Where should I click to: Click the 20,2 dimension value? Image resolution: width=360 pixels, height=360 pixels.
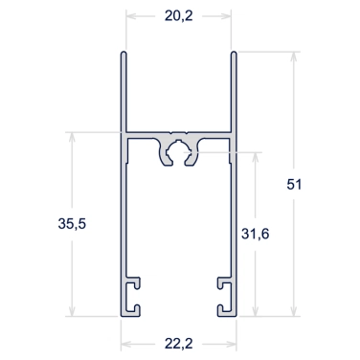179,15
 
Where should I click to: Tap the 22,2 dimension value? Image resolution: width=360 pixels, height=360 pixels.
179,344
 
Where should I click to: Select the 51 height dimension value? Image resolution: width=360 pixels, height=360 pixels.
294,185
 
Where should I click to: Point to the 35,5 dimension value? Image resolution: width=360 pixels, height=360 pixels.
72,224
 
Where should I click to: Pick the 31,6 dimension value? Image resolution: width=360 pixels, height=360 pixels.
255,234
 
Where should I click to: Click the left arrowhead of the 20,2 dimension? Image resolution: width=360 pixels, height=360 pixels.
131,16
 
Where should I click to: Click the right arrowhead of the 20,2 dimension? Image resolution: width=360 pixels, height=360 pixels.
226,16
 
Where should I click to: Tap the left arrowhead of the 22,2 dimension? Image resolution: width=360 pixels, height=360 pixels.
126,344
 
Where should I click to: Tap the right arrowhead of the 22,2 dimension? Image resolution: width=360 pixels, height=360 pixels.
231,344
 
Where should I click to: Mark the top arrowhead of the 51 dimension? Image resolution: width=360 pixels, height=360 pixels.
294,56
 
